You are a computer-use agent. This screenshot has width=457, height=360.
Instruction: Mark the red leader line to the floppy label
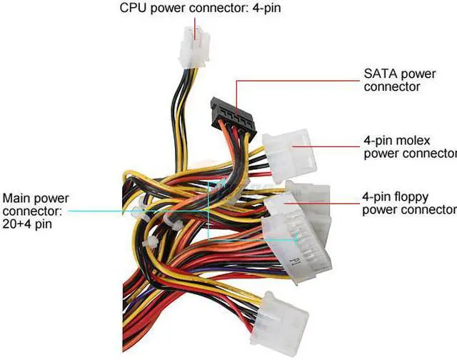[336, 203]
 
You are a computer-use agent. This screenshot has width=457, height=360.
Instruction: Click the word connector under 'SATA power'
[392, 86]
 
